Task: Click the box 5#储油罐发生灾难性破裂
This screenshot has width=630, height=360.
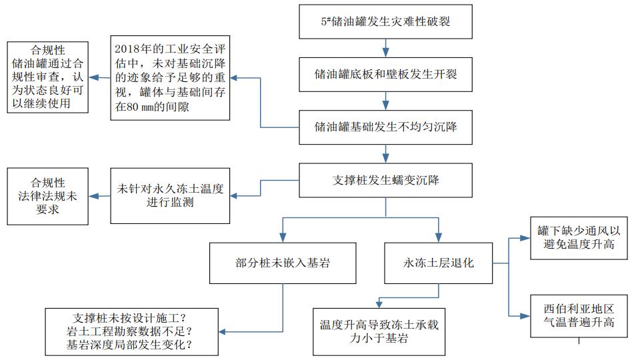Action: point(386,21)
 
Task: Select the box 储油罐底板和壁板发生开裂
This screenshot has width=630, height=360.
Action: point(386,73)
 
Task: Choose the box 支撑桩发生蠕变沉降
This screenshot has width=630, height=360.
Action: point(386,179)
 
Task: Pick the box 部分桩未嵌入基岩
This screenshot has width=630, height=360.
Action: point(284,263)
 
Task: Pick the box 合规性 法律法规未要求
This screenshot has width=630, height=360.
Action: point(49,195)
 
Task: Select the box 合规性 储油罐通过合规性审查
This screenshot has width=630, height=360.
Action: point(49,78)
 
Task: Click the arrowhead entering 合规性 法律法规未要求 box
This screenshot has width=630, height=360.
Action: point(93,195)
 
